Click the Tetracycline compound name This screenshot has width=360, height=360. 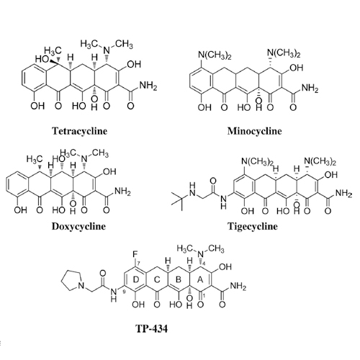pos(80,131)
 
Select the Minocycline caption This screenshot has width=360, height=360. pos(254,131)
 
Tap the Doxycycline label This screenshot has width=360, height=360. pos(78,226)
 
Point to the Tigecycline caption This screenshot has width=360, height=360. pos(253,226)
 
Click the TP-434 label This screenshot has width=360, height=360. pos(152,329)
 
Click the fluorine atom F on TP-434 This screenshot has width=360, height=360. pos(136,254)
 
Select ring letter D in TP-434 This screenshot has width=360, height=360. pos(136,279)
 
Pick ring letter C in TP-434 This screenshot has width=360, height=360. pos(157,279)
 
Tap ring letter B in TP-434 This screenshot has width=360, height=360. pos(179,279)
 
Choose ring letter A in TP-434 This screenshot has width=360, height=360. pos(200,279)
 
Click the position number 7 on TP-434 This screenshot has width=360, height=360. pos(138,264)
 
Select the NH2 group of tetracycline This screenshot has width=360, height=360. pos(148,86)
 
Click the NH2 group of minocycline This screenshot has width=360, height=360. pos(310,89)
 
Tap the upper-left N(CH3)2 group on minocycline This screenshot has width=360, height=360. pos(215,55)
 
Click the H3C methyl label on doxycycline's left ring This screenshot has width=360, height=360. pos(35,159)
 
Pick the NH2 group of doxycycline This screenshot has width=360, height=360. pos(122,192)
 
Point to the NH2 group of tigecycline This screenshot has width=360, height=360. pos(343,194)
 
